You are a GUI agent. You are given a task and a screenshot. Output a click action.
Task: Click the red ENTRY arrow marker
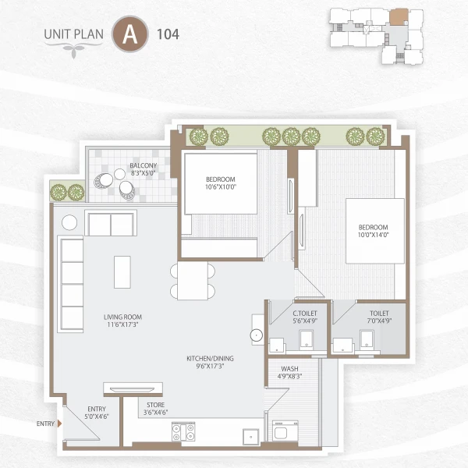(x=60, y=424)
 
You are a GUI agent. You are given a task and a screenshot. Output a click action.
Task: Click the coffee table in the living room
(x=123, y=271)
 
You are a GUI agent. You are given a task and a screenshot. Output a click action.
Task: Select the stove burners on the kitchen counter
(x=183, y=432)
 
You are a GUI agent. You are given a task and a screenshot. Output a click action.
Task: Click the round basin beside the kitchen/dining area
(x=257, y=335)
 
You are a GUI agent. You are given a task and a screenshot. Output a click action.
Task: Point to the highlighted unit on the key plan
(x=399, y=15)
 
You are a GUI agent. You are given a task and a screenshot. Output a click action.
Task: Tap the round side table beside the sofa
(x=70, y=222)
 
